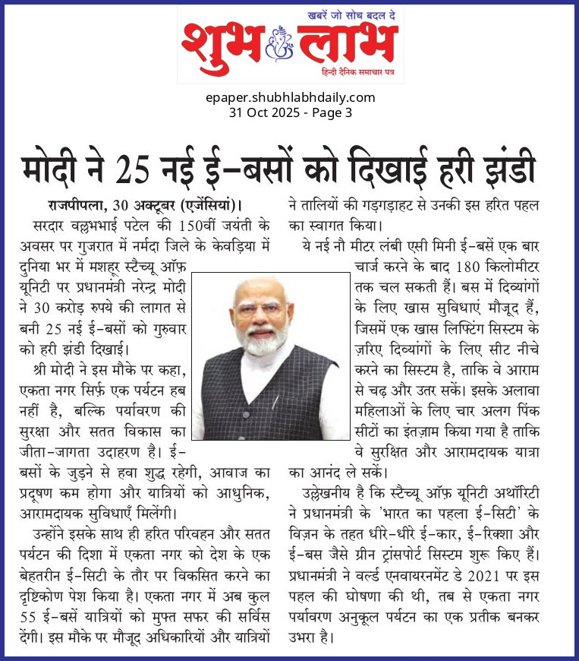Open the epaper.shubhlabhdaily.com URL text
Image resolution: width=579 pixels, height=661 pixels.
point(291,97)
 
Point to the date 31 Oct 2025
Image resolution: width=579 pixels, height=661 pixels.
point(263,112)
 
